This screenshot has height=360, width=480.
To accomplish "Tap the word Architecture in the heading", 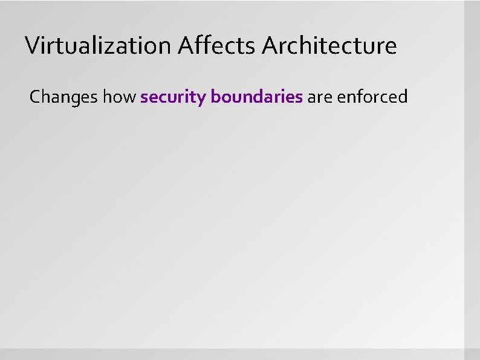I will point(329,45).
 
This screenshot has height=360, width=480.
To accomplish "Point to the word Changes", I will point(63,97).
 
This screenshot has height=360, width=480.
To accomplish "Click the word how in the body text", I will point(119,97).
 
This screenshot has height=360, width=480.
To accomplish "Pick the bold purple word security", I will point(172,97).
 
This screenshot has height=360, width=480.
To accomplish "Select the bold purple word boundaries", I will point(257,97).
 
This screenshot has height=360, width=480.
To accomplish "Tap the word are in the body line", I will point(320,97).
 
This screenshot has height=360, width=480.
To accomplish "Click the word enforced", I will point(372,97).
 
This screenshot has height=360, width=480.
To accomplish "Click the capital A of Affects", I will point(187,45).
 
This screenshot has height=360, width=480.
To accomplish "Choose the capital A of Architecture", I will point(270,45).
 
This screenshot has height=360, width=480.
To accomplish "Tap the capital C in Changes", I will point(35,97).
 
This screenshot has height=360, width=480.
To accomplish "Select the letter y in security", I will point(202,98).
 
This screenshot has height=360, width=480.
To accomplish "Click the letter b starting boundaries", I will point(215,96).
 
